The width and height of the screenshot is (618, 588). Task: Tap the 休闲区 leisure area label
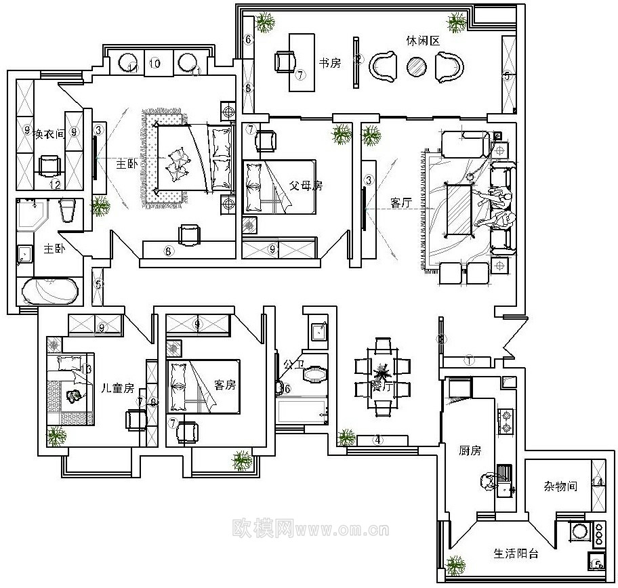click(425, 41)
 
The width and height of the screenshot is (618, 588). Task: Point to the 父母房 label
click(288, 185)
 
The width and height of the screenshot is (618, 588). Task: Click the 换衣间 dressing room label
click(48, 133)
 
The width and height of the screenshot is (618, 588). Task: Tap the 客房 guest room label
click(224, 385)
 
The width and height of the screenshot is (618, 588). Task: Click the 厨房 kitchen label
click(469, 450)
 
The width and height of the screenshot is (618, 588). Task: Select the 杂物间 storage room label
click(560, 486)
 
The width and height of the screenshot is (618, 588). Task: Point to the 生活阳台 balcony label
click(516, 553)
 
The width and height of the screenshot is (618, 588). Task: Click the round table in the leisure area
click(416, 66)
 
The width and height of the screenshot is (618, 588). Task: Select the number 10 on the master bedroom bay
click(154, 64)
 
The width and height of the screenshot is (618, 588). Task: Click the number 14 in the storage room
click(597, 482)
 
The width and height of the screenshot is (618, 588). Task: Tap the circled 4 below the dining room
click(379, 440)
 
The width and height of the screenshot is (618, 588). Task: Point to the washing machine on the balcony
click(579, 531)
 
